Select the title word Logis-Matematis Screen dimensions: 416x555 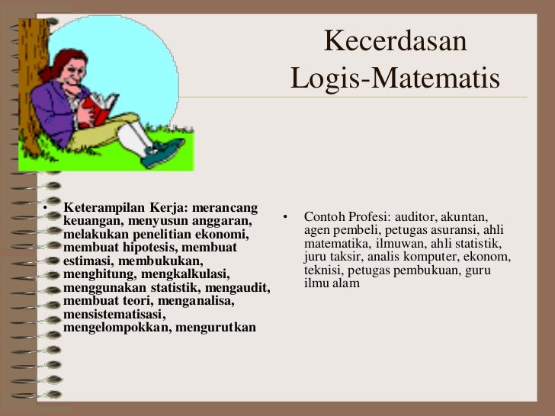point(395,78)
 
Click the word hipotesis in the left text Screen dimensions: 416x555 point(143,248)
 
